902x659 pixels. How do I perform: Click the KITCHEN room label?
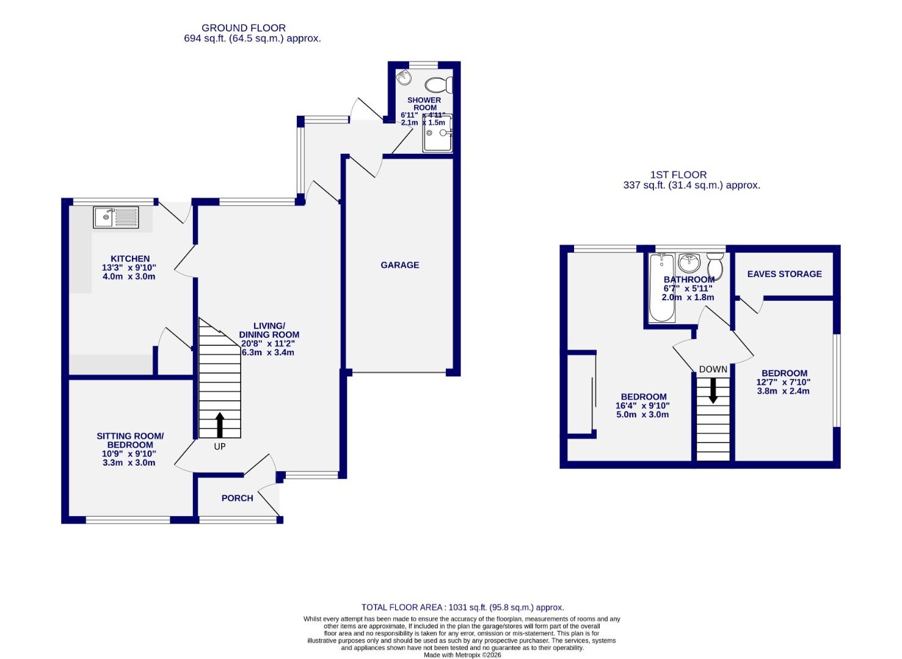click(x=129, y=259)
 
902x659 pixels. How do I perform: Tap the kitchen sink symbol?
click(x=116, y=217)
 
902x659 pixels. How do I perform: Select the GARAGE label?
click(x=399, y=265)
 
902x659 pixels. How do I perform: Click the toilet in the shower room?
click(x=438, y=84)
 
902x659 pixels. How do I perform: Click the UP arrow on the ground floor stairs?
click(x=220, y=425)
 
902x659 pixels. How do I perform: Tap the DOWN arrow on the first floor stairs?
click(x=713, y=391)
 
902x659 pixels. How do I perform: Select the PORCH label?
click(x=237, y=498)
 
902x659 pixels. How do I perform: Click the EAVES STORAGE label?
click(x=784, y=274)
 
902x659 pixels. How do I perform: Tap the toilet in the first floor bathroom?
click(x=715, y=266)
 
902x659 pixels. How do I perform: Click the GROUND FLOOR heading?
click(x=243, y=27)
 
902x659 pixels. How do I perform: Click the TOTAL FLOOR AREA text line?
click(x=462, y=607)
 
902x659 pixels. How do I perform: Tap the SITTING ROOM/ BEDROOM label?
click(x=129, y=441)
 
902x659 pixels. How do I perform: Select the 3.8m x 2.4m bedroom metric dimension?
click(x=783, y=391)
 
